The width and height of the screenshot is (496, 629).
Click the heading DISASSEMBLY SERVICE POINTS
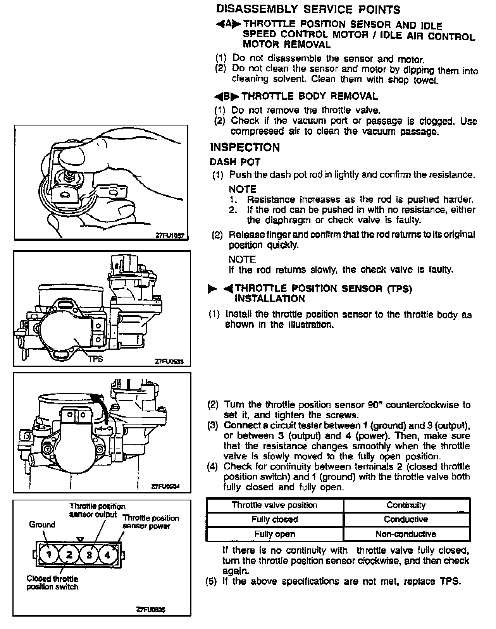click(308, 9)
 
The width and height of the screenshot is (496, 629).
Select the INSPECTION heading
click(245, 148)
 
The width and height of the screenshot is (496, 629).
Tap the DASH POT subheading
click(235, 162)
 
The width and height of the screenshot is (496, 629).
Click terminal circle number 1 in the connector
click(49, 554)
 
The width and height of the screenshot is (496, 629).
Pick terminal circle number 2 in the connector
click(69, 554)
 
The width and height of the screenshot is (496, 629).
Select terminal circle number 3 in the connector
click(89, 554)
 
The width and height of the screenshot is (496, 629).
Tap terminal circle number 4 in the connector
click(107, 554)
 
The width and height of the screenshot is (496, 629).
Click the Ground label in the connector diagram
click(42, 525)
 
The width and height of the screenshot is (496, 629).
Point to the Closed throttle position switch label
click(52, 583)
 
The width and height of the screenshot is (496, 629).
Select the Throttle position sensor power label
click(151, 522)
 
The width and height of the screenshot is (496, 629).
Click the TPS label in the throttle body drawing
click(96, 359)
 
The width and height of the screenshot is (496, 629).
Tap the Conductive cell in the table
click(406, 519)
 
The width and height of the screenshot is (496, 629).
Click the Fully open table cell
click(274, 534)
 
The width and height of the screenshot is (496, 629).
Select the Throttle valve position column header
click(274, 505)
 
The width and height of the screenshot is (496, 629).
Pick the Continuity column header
click(406, 505)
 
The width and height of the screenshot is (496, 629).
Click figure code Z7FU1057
click(170, 235)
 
